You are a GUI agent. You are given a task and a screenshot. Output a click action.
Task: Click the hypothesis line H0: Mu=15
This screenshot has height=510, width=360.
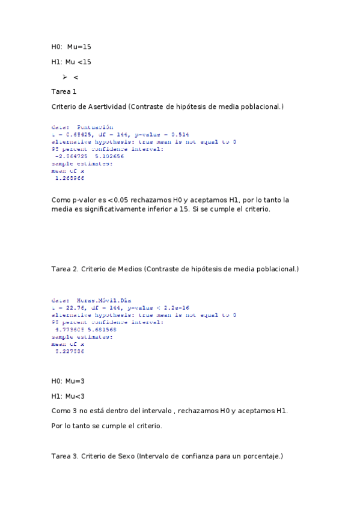tap(71, 46)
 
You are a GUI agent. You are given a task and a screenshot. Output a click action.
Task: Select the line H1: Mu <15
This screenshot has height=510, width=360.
tap(71, 61)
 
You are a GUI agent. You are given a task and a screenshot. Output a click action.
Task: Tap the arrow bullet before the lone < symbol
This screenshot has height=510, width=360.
tap(64, 77)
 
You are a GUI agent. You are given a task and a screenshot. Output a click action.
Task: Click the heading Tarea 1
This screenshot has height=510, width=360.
tap(64, 91)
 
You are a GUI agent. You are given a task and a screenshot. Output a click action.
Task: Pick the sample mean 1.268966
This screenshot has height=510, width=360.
tap(69, 177)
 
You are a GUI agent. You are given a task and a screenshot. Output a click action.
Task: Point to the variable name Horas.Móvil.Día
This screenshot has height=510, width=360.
tap(103, 300)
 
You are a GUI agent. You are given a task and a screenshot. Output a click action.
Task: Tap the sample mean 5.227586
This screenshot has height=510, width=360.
tap(69, 351)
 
